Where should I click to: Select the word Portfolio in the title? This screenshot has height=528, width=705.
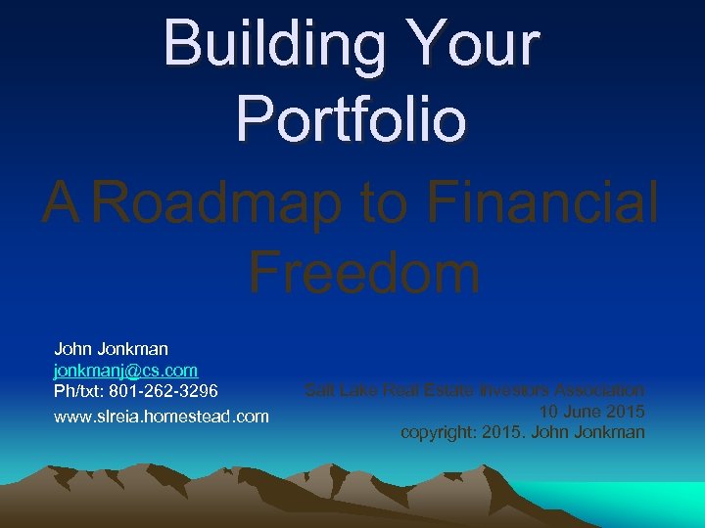coord(352,118)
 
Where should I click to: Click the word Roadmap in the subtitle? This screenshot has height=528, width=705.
coord(220,203)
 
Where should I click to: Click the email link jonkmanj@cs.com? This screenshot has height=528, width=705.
coord(126,371)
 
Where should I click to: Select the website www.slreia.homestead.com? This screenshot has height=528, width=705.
coord(162,416)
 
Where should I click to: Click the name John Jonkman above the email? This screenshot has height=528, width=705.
coord(112,349)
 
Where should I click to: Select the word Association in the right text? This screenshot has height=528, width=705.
coord(598,391)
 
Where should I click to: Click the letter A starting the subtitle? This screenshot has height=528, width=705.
coord(62,203)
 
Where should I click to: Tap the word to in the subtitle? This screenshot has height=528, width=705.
coord(391,203)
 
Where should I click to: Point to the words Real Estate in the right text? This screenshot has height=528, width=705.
coord(423,391)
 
